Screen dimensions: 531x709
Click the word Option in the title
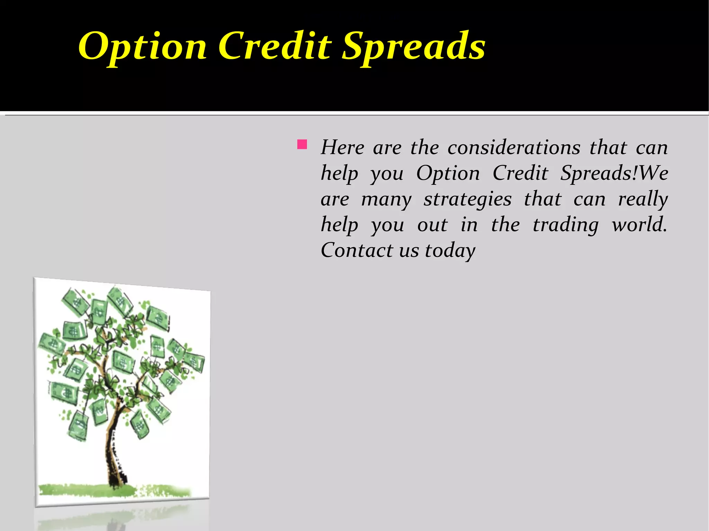(x=142, y=46)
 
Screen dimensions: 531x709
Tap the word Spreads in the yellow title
(x=413, y=46)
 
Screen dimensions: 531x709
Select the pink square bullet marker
(x=302, y=144)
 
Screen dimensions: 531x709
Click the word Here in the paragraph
(x=342, y=147)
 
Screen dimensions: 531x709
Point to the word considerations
(x=514, y=147)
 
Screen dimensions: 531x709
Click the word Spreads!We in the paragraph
(x=614, y=173)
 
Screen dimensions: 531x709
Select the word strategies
(x=467, y=200)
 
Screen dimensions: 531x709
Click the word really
(x=643, y=200)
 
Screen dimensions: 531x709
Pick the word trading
(x=565, y=225)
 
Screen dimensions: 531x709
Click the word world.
(x=639, y=225)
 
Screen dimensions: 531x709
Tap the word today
(x=450, y=251)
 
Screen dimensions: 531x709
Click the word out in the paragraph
(x=432, y=225)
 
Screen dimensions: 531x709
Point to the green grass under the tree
(x=87, y=489)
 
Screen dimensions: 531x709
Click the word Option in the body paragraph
(x=448, y=173)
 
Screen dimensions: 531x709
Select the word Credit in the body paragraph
(x=520, y=173)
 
